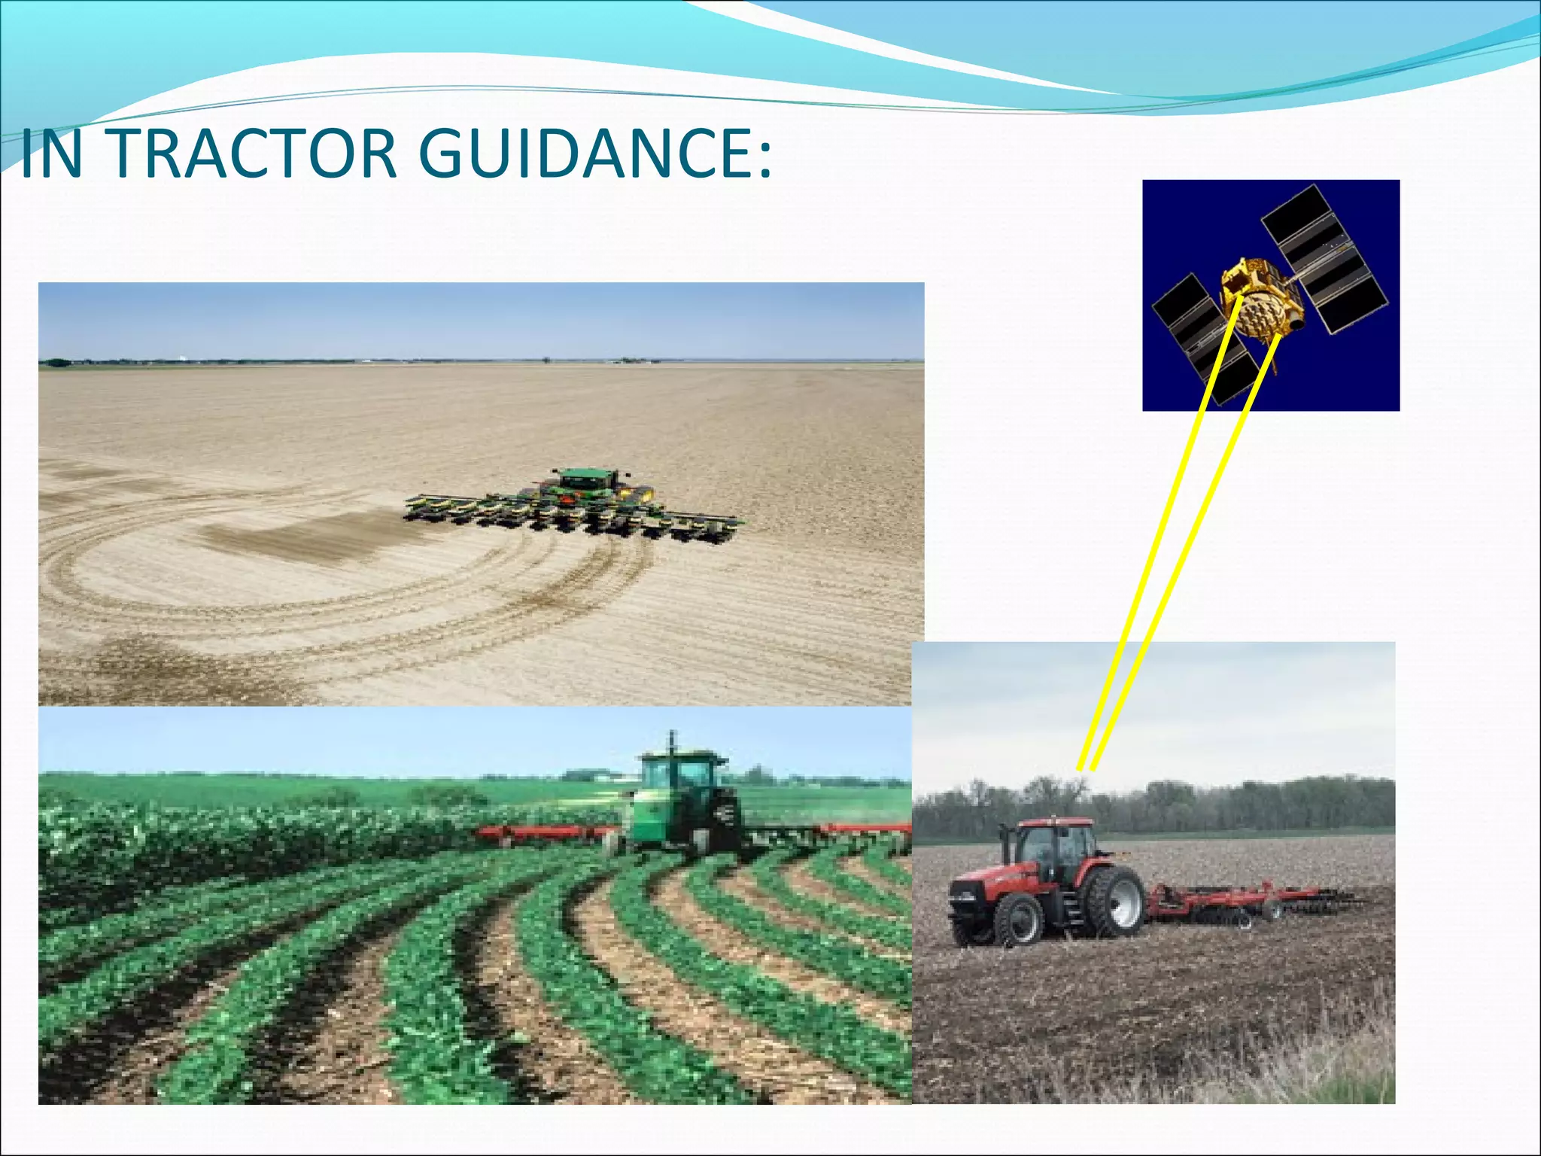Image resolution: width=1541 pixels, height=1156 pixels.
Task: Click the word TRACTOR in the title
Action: (255, 154)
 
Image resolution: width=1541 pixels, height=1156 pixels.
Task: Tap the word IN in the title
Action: (51, 154)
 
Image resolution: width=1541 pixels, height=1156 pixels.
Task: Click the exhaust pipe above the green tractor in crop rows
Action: (672, 741)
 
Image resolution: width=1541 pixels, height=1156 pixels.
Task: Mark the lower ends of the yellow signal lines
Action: (1086, 768)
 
